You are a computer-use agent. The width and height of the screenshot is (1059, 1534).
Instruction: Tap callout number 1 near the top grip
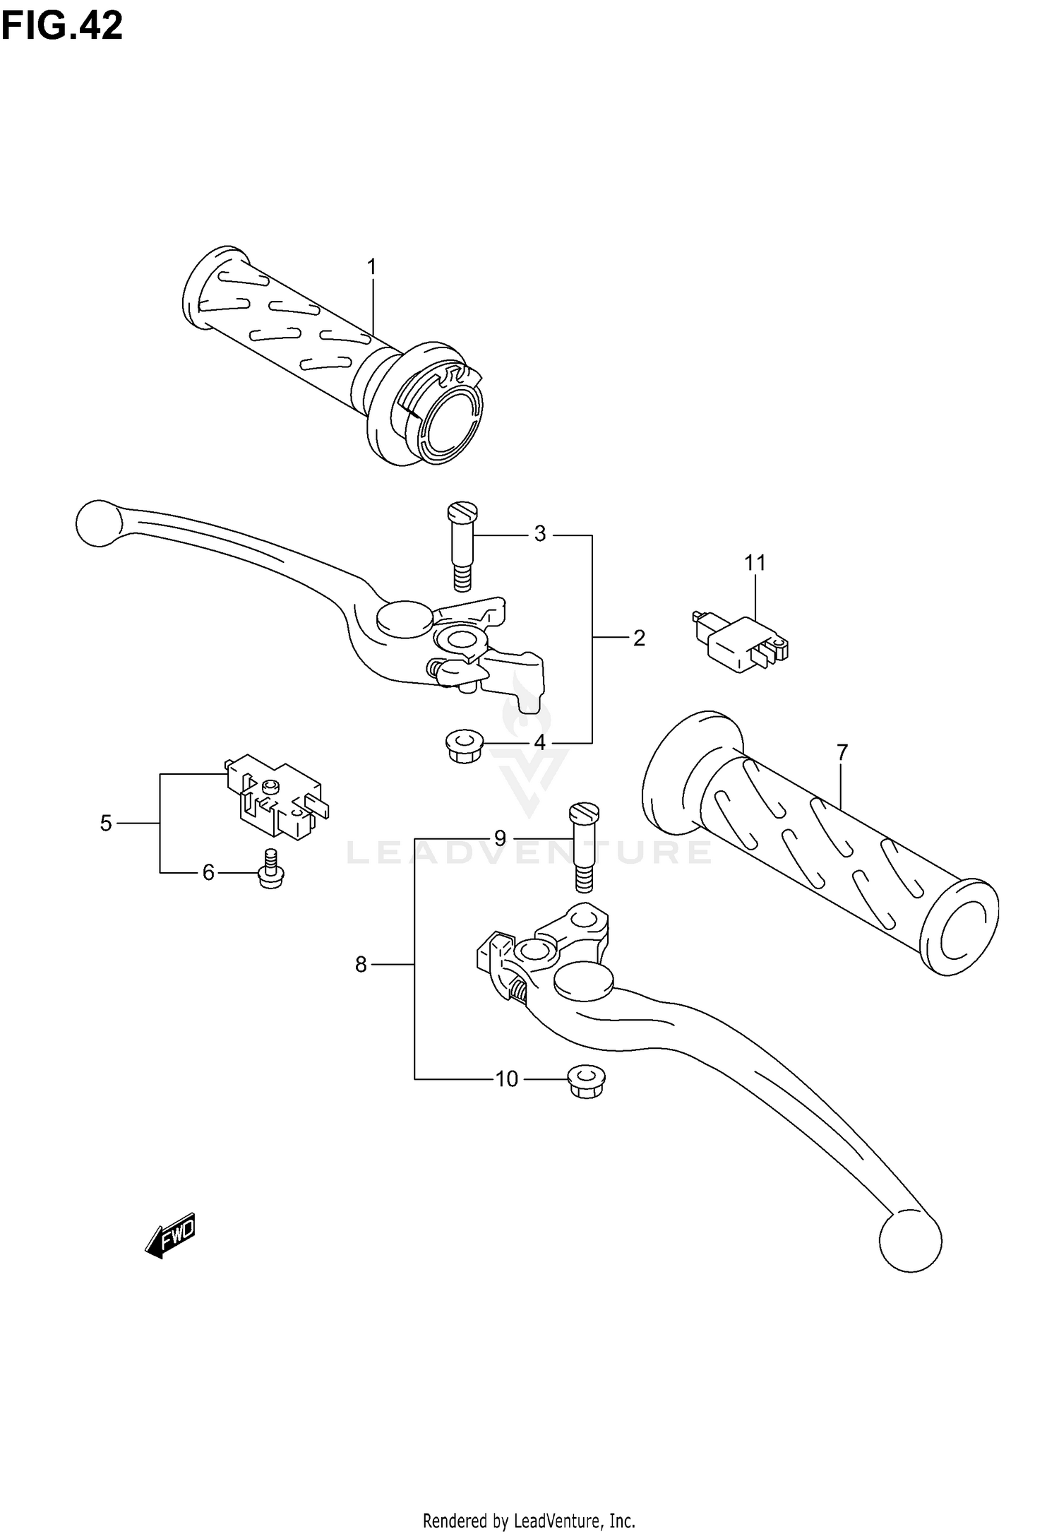[371, 268]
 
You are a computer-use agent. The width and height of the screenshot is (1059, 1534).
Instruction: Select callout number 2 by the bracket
[638, 638]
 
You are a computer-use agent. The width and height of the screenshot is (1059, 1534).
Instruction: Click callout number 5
[106, 823]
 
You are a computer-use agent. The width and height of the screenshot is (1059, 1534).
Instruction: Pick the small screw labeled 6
[270, 872]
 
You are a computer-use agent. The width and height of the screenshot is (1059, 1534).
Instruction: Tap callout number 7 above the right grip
[842, 753]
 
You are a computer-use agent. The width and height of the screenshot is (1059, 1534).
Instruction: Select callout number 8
[361, 964]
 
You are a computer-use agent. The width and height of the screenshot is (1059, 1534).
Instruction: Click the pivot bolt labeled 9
[583, 848]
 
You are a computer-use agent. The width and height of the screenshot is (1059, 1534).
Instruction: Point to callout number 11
[755, 563]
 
